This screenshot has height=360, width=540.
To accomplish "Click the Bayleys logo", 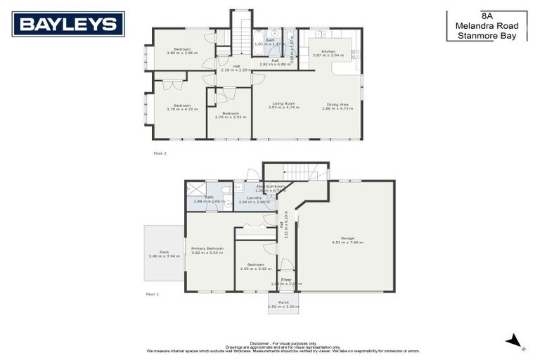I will point(68,24).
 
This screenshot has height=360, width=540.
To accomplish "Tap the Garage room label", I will point(344,240).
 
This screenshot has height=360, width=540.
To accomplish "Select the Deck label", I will point(164,254).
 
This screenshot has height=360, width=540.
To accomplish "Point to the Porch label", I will point(283,304).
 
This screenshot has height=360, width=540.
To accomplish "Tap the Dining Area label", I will point(337,106).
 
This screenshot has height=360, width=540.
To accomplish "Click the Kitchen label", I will point(328,52).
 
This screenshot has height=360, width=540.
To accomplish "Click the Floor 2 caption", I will point(160,153).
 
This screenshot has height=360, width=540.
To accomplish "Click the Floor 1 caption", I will point(152,294).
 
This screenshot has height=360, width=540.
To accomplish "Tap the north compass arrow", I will point(515,342).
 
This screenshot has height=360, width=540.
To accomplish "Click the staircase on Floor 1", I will point(306,172).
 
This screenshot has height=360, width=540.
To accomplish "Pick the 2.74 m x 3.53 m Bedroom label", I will point(231,115).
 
